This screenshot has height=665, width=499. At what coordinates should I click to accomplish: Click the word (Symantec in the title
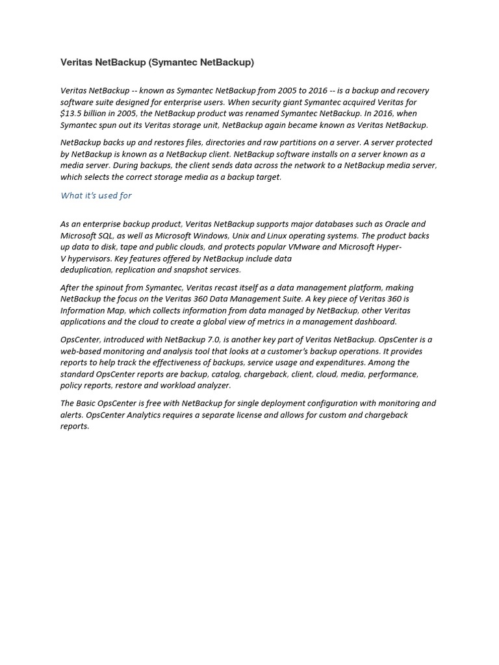click(x=171, y=63)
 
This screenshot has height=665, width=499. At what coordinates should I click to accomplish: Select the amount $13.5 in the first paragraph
click(x=71, y=114)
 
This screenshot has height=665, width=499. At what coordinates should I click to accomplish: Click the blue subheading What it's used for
click(x=96, y=195)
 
